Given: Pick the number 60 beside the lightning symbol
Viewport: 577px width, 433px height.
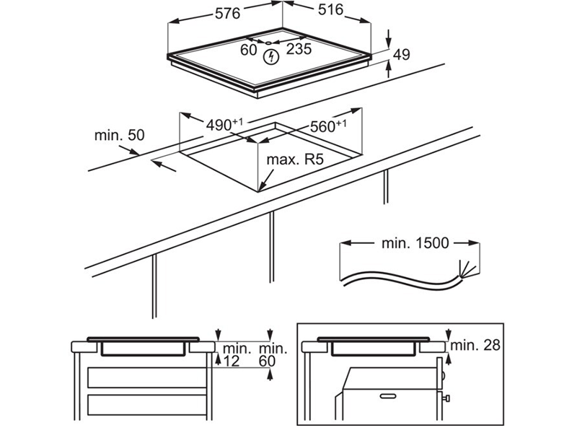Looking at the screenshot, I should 249,49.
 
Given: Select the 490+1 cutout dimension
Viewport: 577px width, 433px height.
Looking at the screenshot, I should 224,125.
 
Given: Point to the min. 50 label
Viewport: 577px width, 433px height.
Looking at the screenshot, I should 120,135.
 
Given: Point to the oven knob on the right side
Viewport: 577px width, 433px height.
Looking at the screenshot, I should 446,396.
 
